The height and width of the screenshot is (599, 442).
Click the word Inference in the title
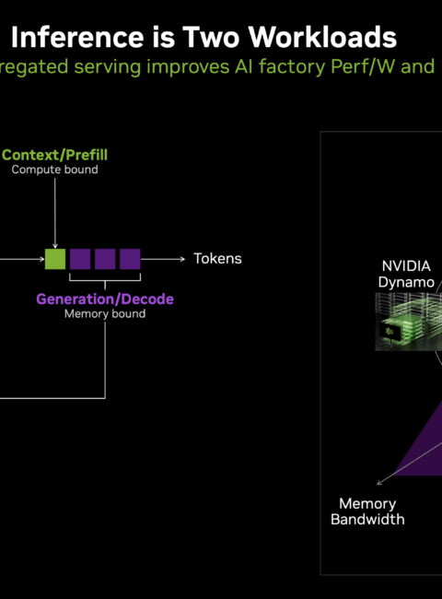(77, 37)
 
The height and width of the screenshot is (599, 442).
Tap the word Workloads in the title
(322, 37)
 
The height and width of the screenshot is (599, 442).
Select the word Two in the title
(211, 37)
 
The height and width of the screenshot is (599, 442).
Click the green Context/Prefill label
(54, 155)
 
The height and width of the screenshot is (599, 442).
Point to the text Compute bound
(54, 170)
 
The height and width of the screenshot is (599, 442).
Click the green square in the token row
(55, 259)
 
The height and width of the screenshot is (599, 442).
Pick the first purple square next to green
(80, 259)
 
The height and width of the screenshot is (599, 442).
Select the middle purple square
(105, 259)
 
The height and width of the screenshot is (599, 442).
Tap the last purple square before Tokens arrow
(130, 259)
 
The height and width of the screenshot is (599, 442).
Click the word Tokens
(217, 259)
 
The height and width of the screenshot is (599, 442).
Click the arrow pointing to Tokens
(163, 259)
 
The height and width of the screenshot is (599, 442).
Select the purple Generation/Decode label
(105, 299)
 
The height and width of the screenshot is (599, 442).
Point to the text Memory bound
(105, 313)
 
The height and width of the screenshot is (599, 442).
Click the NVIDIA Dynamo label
(406, 274)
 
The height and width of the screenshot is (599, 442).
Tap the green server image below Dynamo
(409, 322)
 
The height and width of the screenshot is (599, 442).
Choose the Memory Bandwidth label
(367, 511)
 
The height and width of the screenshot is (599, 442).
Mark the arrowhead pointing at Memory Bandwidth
(378, 483)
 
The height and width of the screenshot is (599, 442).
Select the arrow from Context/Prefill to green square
(55, 213)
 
